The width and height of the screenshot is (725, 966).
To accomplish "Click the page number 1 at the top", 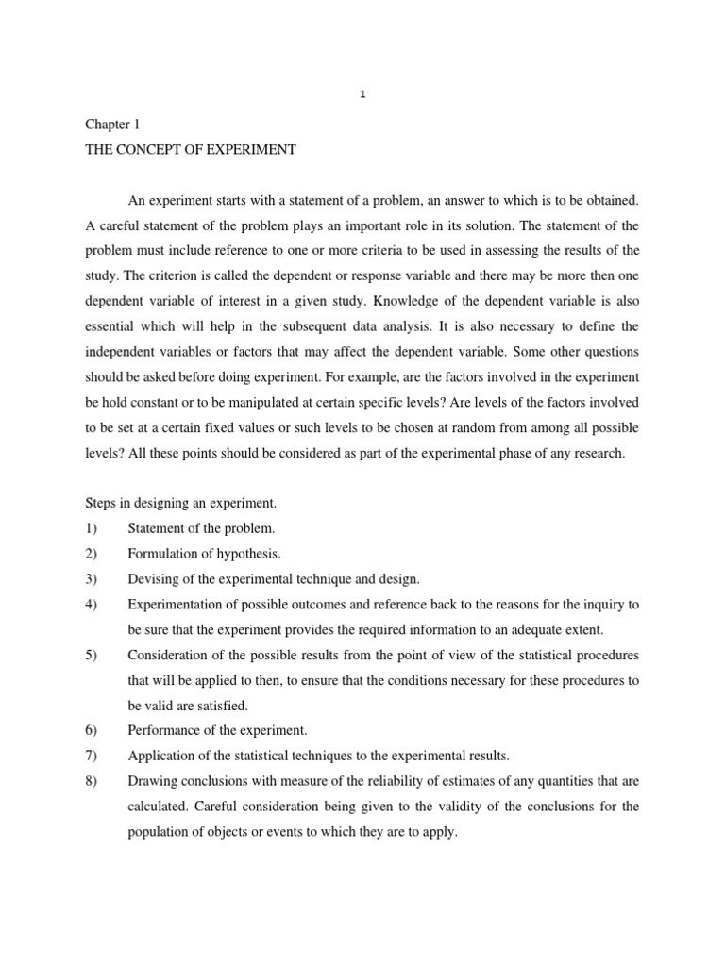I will pyautogui.click(x=362, y=92).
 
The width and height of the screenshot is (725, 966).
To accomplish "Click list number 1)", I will pyautogui.click(x=92, y=528).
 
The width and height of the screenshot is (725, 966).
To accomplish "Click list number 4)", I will pyautogui.click(x=92, y=604).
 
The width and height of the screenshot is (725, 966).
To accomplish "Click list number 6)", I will pyautogui.click(x=92, y=730).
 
